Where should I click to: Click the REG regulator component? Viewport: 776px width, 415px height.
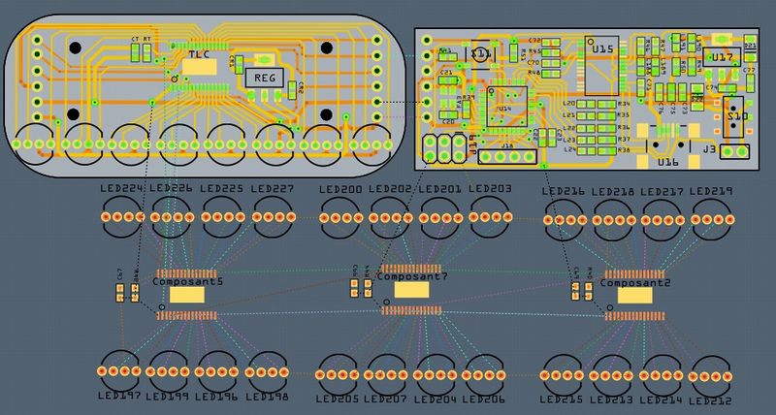coord(265,78)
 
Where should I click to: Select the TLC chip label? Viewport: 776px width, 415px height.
coord(199,56)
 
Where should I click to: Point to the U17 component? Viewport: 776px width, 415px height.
coord(722,58)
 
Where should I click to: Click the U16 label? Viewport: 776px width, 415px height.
coord(667,163)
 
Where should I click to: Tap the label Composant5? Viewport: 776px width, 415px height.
coord(187,281)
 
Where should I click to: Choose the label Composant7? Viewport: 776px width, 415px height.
coord(411,277)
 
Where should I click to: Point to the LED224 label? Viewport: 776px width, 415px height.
coord(121,188)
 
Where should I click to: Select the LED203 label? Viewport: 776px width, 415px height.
coord(489,189)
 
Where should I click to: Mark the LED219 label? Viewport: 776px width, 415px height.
coord(712,192)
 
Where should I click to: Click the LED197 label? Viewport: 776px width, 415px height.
coord(119,396)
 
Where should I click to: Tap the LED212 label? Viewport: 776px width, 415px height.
coord(713,399)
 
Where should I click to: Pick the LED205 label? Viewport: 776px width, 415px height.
coord(338,399)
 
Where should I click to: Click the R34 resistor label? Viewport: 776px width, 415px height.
coord(624,103)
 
